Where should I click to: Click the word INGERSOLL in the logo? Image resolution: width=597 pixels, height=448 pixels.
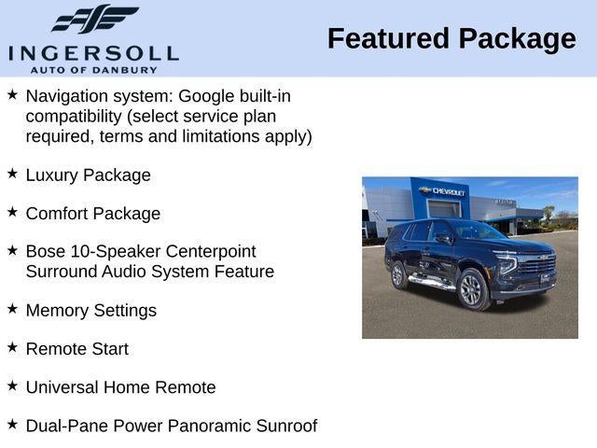[93, 52]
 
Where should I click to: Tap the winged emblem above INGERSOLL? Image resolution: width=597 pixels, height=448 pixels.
[94, 20]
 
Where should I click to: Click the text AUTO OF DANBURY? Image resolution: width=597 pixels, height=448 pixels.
[93, 69]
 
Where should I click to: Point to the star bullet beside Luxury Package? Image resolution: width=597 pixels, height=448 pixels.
[12, 174]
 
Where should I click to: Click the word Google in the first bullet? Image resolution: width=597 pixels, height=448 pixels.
[206, 96]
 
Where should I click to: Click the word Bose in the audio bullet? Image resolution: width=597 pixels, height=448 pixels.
[46, 251]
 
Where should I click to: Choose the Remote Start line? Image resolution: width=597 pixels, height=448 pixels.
[77, 348]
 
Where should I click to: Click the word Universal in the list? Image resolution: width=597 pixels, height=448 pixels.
[63, 386]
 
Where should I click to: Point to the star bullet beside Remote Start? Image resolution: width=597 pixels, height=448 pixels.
[12, 347]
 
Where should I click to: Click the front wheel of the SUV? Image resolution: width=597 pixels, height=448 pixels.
[471, 290]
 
